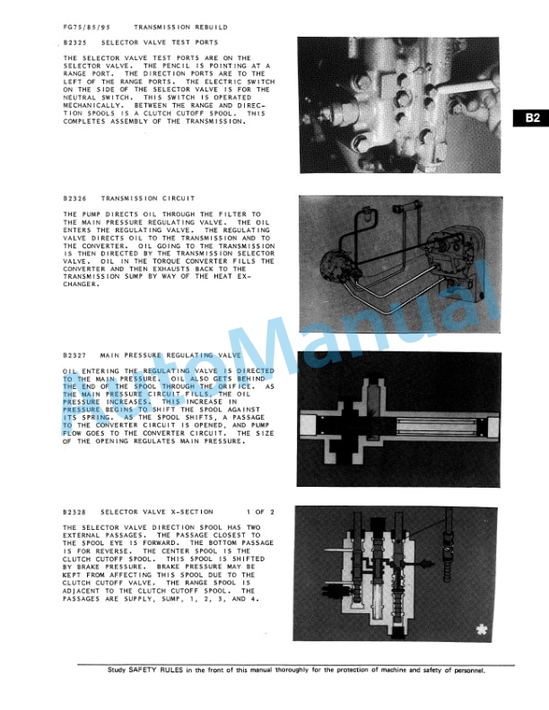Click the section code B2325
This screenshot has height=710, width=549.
(75, 42)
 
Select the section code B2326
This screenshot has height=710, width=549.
(75, 198)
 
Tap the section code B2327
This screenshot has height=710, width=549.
(75, 354)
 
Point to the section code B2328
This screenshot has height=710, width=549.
(75, 512)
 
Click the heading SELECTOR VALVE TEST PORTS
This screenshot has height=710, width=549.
(159, 42)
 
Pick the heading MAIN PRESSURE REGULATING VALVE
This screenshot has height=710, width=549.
(170, 354)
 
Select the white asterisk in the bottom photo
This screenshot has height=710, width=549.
(485, 629)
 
